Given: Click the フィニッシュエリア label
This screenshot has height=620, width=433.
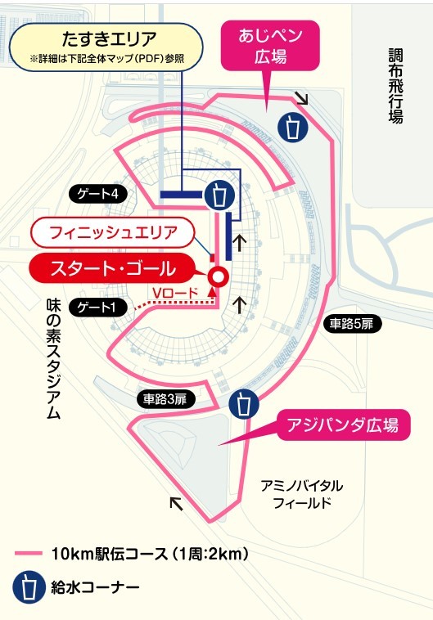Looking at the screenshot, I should (113, 231).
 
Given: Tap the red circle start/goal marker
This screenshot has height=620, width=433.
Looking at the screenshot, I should (219, 276).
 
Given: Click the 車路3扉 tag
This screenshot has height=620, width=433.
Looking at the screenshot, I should (165, 398).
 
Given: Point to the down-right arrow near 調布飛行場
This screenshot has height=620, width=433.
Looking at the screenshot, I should (301, 99).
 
